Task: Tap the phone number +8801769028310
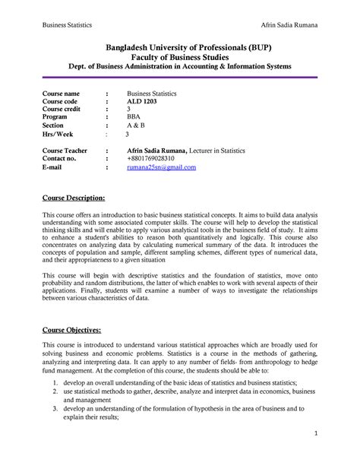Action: pos(156,158)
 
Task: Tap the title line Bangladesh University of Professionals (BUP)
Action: pos(180,46)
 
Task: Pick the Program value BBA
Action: pos(134,118)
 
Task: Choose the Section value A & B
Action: pos(136,126)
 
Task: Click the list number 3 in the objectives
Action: pos(46,408)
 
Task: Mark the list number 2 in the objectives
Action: pos(46,392)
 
